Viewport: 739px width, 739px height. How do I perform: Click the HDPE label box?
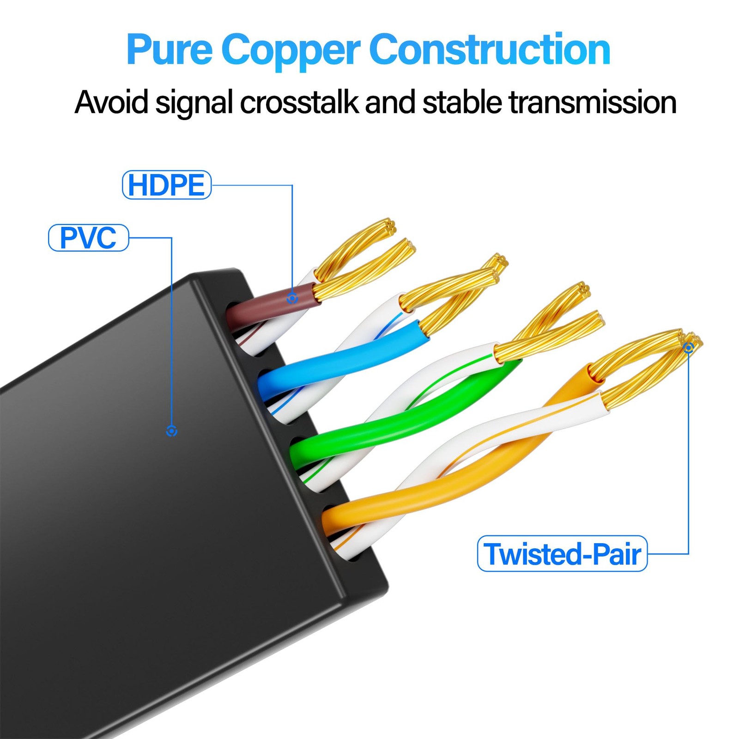[167, 185]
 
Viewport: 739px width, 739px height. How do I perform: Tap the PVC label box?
[88, 238]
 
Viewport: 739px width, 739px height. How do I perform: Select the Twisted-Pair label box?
[562, 553]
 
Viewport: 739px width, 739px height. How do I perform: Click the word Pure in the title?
[169, 50]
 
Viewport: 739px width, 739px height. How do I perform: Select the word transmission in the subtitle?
[593, 102]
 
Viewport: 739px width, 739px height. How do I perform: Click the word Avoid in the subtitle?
[111, 102]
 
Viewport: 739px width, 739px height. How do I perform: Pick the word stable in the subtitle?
[462, 102]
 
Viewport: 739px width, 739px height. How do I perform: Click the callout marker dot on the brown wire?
[292, 298]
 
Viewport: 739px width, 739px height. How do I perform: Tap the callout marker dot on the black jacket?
[171, 431]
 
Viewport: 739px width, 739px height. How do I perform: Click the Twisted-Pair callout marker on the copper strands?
[689, 347]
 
